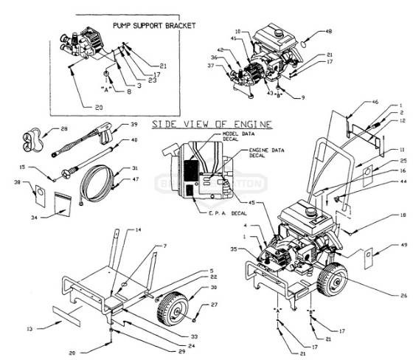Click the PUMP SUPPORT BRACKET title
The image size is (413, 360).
[x=154, y=25]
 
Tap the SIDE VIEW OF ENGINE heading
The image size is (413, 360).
[x=211, y=123]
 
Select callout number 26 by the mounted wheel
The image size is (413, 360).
[x=403, y=297]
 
